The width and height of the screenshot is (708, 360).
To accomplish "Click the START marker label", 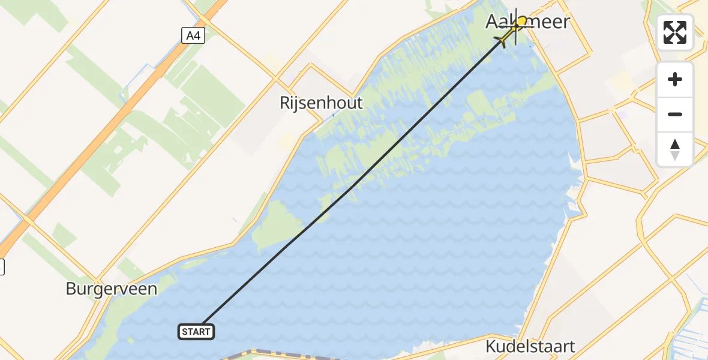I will pos(196,331).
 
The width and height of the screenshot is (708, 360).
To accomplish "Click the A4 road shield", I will pos(193,36).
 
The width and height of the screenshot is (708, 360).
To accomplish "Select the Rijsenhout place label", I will pos(321,103).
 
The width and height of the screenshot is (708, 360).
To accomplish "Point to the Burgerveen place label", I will pos(112,289).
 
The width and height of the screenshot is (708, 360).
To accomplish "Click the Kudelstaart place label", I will pos(530,346).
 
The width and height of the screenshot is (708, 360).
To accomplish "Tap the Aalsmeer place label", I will pos(527,22).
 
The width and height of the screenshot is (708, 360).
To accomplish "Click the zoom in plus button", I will pos(675,79).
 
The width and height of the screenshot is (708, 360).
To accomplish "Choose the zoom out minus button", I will pos(675,114).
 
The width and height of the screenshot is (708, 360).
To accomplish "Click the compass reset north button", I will pos(675,149).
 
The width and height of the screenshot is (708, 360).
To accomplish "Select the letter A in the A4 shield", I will pos(190,36).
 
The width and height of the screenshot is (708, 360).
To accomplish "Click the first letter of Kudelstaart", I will pos(490,346).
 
